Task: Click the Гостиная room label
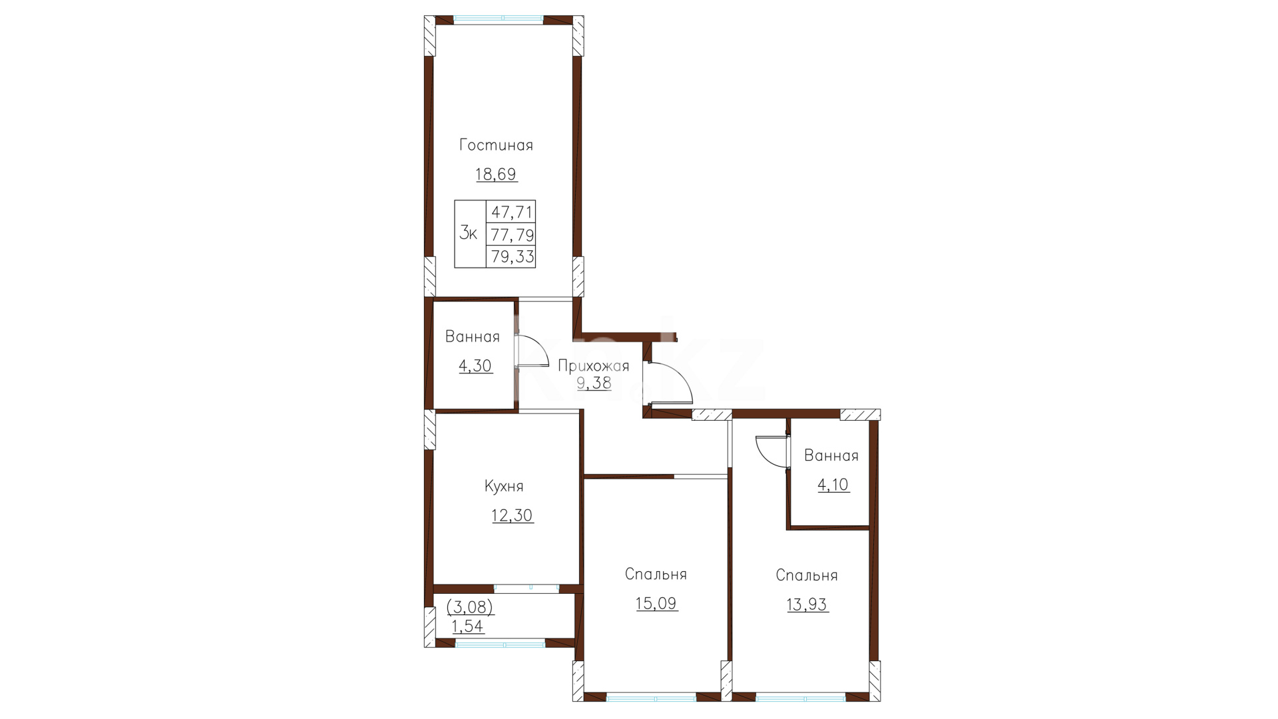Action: click(496, 145)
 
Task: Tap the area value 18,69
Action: click(496, 174)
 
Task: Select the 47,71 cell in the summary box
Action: click(511, 212)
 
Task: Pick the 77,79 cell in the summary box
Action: click(511, 235)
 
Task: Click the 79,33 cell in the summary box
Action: click(511, 257)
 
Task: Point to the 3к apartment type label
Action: click(469, 234)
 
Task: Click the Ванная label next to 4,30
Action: click(473, 337)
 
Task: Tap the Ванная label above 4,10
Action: click(831, 456)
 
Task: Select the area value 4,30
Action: click(475, 365)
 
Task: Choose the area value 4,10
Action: click(833, 485)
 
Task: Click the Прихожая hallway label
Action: click(593, 366)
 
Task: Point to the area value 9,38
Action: click(594, 383)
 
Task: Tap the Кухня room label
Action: click(504, 487)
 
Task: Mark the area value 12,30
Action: click(513, 516)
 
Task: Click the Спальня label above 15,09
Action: click(656, 575)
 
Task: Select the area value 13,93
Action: click(807, 605)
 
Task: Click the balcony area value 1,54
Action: click(468, 626)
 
